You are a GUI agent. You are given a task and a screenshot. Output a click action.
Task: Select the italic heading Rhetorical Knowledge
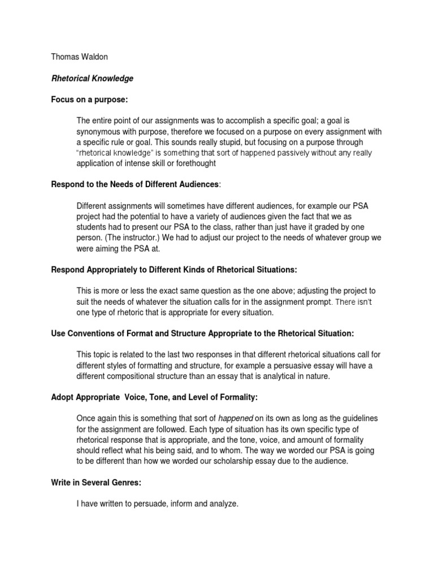(x=92, y=79)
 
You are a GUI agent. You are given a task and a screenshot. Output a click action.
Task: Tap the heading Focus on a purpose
(x=90, y=100)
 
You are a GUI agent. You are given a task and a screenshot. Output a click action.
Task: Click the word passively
(x=280, y=153)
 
